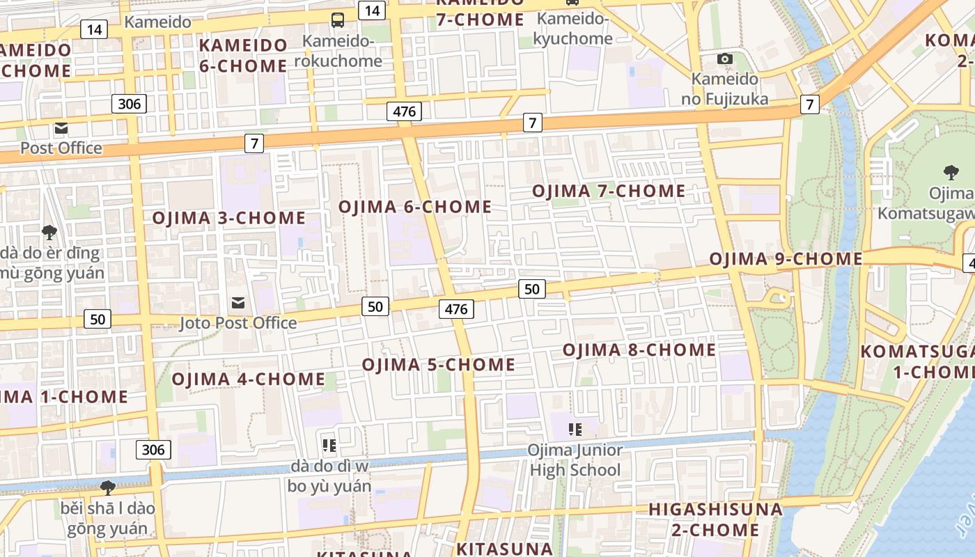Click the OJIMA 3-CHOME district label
tap(229, 218)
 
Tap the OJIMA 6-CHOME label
tap(415, 207)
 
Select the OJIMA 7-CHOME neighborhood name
tap(609, 191)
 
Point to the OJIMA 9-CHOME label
tap(786, 259)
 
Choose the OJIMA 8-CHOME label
tap(639, 350)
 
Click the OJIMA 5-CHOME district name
tap(439, 365)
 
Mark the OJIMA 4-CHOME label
tap(248, 379)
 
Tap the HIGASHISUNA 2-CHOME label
tap(715, 519)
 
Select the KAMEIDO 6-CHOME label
tap(243, 56)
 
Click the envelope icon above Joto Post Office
tap(238, 302)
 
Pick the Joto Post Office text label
tap(238, 323)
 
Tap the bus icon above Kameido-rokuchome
tap(338, 19)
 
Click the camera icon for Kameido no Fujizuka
tap(725, 58)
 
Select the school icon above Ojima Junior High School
tap(575, 429)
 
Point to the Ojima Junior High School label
tap(575, 460)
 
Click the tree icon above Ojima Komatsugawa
tap(950, 172)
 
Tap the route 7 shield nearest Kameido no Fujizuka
tap(809, 104)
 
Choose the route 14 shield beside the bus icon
tap(372, 10)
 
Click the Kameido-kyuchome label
tap(572, 29)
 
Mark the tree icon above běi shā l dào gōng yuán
tap(107, 487)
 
